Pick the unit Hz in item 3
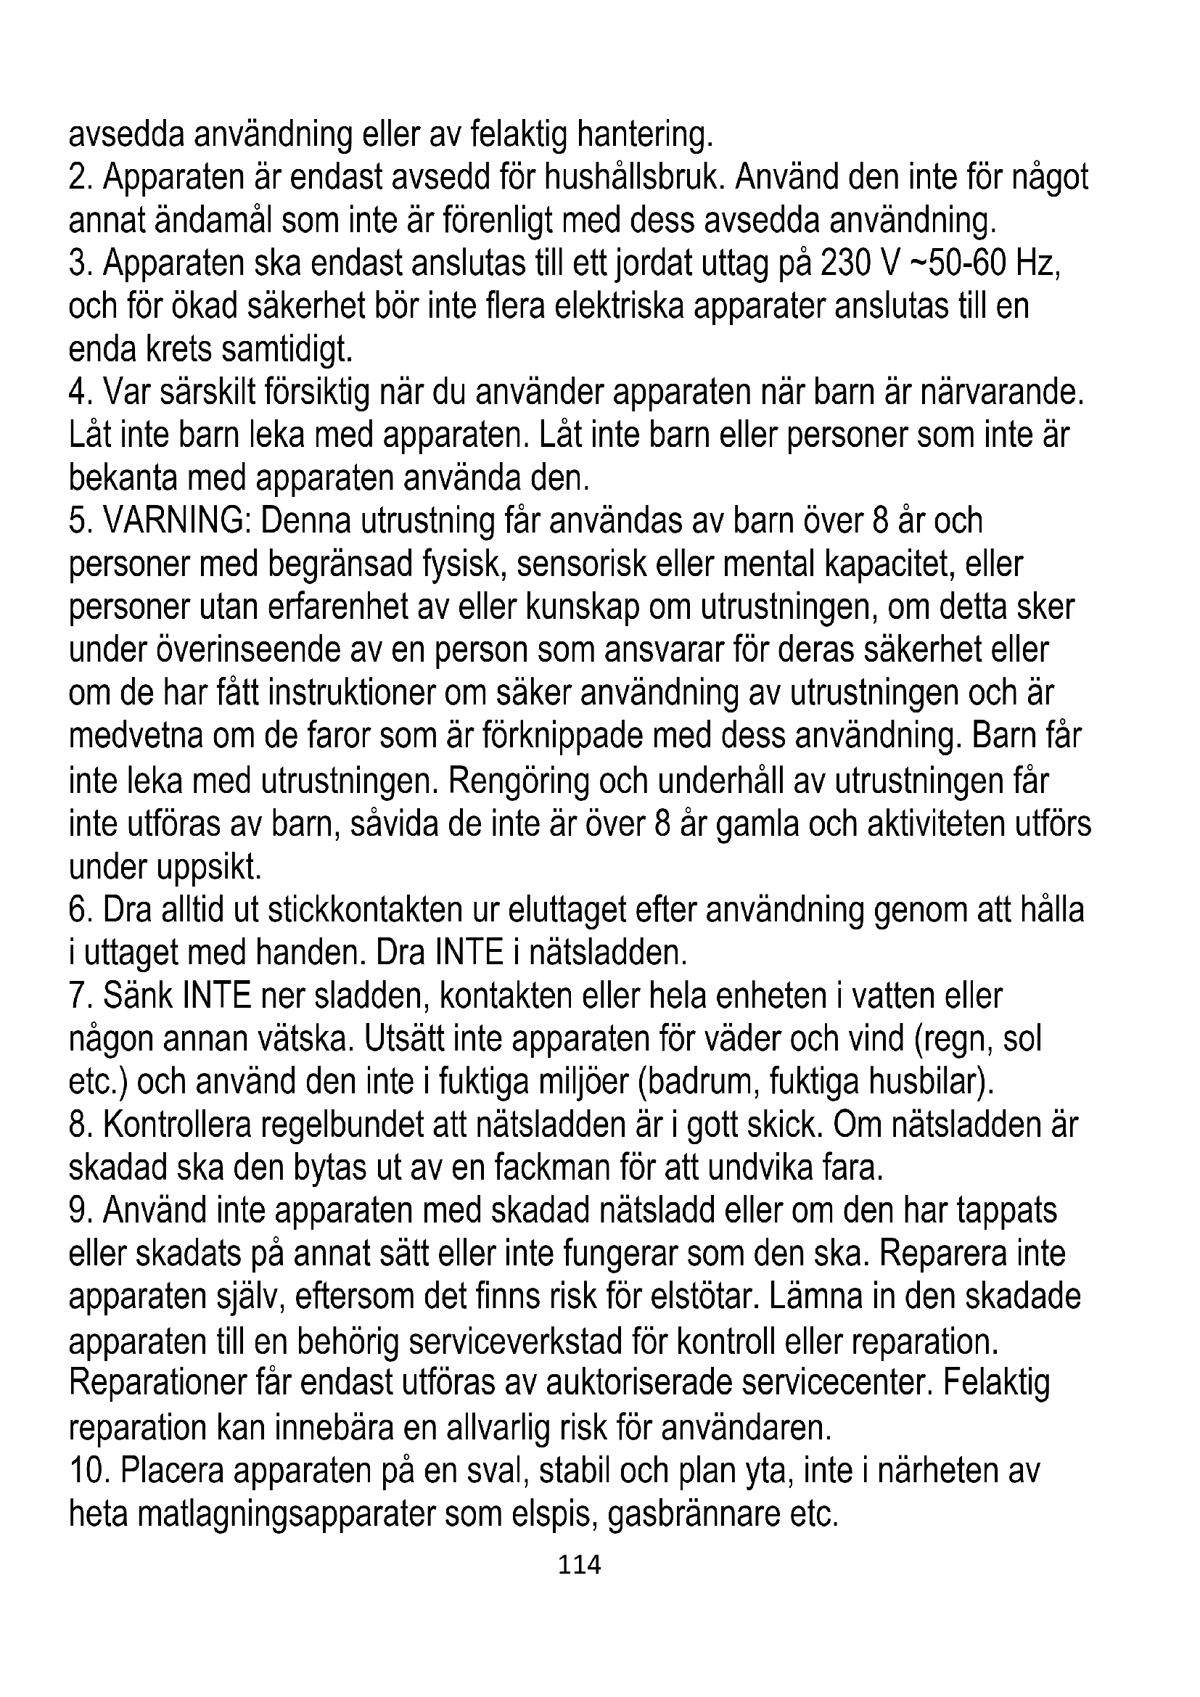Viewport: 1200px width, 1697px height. pos(1037,264)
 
